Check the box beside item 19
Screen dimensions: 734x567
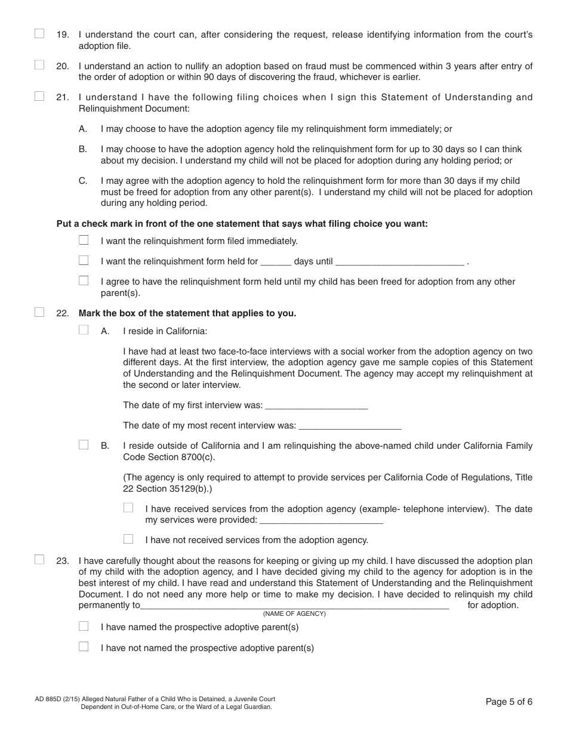pos(39,34)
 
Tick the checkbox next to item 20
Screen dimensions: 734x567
pos(39,66)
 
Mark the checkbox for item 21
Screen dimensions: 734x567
pos(39,96)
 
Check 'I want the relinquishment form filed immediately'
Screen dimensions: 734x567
pos(84,240)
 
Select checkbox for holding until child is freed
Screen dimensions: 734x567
pos(84,280)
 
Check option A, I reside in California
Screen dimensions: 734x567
pos(84,330)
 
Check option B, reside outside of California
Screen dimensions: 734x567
pos(84,445)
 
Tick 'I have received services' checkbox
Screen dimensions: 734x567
pos(128,508)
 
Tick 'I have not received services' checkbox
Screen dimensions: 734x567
pos(128,539)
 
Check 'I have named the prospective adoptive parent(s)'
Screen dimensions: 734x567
pos(84,627)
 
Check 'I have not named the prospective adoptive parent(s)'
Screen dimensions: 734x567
pos(84,647)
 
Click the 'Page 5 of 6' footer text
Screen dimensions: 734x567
pos(509,702)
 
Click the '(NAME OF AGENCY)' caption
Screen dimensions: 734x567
pos(294,614)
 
